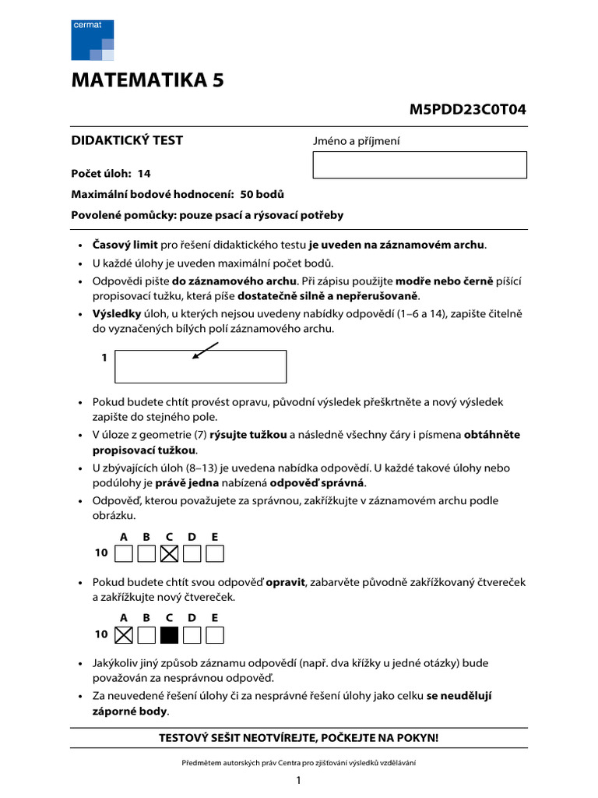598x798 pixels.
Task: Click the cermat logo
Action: [x=93, y=41]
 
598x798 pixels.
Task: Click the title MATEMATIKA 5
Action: [x=148, y=80]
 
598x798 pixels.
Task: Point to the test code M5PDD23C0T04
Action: [x=467, y=109]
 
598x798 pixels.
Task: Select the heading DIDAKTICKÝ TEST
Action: [x=127, y=140]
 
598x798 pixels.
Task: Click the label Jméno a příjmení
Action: [x=356, y=141]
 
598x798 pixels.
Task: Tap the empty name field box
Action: [x=420, y=165]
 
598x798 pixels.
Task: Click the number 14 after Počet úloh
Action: [x=143, y=174]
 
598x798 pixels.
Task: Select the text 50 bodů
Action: [x=262, y=194]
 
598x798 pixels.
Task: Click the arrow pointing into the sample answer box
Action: [x=204, y=352]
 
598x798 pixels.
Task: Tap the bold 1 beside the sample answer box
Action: [x=104, y=358]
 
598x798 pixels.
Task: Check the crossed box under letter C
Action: [x=169, y=553]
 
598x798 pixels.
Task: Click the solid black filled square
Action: [x=169, y=634]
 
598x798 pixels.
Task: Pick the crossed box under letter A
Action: [x=123, y=634]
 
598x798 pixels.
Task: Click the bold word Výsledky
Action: [x=117, y=313]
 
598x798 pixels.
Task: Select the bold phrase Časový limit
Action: [x=125, y=245]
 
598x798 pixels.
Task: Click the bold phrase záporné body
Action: [x=130, y=711]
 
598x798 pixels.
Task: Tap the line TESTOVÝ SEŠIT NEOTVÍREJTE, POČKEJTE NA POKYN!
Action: [x=299, y=737]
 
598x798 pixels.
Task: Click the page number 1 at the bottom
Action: [x=298, y=780]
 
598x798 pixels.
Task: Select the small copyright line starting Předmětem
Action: [x=299, y=762]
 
